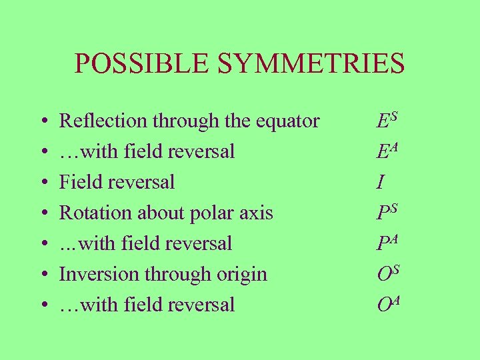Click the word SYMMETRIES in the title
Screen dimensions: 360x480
point(309,63)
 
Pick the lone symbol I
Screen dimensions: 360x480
point(380,182)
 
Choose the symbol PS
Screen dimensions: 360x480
point(387,213)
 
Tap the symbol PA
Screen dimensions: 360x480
point(387,243)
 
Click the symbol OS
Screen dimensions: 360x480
point(387,274)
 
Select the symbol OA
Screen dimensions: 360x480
point(388,305)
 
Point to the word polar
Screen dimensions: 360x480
point(214,213)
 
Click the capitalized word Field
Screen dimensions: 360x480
point(79,182)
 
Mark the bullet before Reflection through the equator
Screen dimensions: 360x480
point(42,122)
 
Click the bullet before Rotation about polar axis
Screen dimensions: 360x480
point(42,214)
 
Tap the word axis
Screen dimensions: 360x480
point(257,213)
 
